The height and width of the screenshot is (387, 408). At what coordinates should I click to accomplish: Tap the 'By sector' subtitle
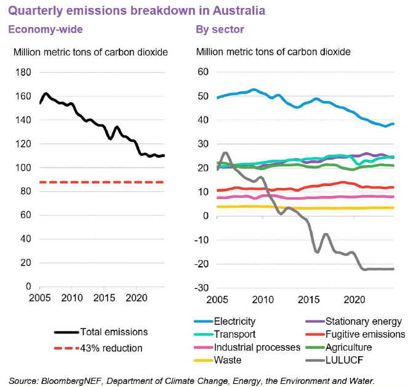[x=220, y=30]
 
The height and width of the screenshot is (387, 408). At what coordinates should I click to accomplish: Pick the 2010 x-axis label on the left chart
[x=72, y=298]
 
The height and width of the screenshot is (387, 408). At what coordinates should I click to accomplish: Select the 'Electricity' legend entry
[x=234, y=321]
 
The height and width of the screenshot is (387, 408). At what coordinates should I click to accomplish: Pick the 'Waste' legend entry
[x=228, y=360]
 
